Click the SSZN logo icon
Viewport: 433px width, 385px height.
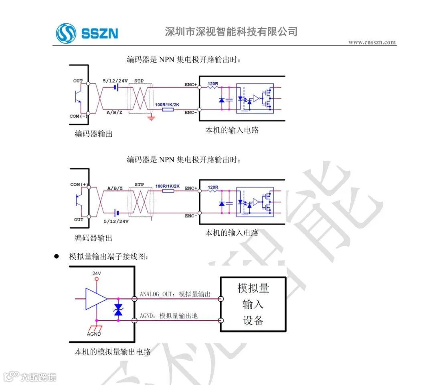pyautogui.click(x=66, y=33)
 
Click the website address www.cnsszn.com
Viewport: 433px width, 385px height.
pyautogui.click(x=372, y=43)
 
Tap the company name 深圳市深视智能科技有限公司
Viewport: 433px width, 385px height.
pyautogui.click(x=231, y=32)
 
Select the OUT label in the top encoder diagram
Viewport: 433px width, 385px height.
pyautogui.click(x=78, y=81)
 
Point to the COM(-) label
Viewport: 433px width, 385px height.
pyautogui.click(x=78, y=116)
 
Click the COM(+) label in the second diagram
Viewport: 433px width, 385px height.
pyautogui.click(x=79, y=184)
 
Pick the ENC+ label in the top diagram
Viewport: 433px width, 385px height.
pyautogui.click(x=191, y=85)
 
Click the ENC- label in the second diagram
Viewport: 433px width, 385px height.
pyautogui.click(x=191, y=216)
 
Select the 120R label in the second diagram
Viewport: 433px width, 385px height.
pyautogui.click(x=212, y=187)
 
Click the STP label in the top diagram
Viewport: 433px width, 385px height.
pyautogui.click(x=139, y=81)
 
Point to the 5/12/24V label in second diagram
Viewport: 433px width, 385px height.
pyautogui.click(x=116, y=221)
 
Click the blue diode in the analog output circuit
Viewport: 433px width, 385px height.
pyautogui.click(x=118, y=310)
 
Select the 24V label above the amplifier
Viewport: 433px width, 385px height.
pyautogui.click(x=96, y=274)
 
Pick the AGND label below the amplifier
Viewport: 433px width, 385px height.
pyautogui.click(x=94, y=334)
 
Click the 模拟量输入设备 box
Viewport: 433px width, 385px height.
pyautogui.click(x=253, y=304)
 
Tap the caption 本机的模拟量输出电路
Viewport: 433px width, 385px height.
pyautogui.click(x=112, y=352)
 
